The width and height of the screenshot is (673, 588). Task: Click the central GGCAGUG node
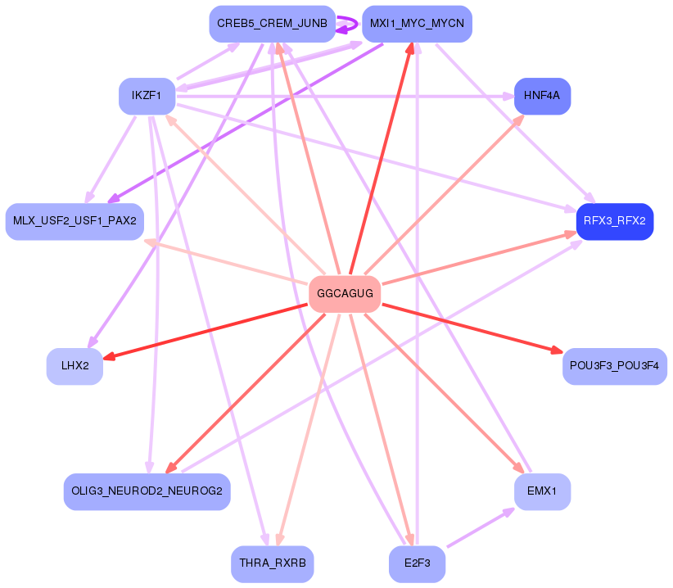pos(345,294)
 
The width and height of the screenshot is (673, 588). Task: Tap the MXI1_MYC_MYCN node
pos(417,24)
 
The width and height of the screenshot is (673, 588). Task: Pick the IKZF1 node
pos(147,97)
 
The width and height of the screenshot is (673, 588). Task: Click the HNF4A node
pos(542,97)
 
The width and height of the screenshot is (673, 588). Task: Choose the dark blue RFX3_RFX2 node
pos(614,221)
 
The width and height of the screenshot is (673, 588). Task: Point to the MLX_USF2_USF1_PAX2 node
pos(75,221)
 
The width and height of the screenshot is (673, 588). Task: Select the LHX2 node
pos(75,365)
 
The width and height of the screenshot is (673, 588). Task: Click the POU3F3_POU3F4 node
pos(614,365)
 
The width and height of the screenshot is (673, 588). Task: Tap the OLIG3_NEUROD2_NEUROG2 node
pos(147,491)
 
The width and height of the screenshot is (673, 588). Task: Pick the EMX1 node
pos(542,491)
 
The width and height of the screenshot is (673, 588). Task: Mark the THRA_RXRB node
pos(272,564)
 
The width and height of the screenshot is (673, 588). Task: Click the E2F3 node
pos(417,564)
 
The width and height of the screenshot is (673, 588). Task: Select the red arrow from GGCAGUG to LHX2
pos(205,331)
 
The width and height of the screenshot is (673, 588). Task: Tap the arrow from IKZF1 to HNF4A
pos(344,97)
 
